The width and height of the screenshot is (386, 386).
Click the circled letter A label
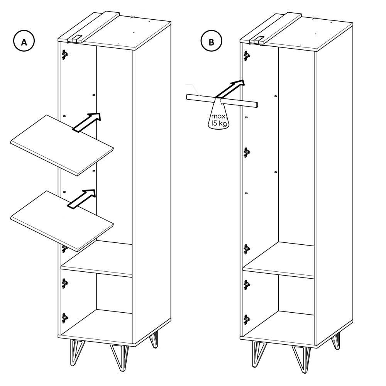click(24, 41)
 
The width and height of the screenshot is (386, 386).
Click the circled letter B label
click(211, 41)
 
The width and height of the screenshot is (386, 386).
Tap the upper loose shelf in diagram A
click(62, 145)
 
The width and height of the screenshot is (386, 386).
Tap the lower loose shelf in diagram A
click(62, 221)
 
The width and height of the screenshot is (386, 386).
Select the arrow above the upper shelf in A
click(86, 122)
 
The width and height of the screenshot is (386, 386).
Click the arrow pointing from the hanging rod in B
click(230, 89)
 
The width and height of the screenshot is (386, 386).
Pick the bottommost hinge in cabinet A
click(64, 318)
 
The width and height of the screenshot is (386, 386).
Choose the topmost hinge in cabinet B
click(246, 56)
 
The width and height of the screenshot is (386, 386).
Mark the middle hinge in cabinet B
click(246, 152)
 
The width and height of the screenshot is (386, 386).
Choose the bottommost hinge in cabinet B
click(246, 320)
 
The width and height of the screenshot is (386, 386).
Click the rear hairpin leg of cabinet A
click(153, 339)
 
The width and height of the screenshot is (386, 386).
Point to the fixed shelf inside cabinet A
click(96, 259)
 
